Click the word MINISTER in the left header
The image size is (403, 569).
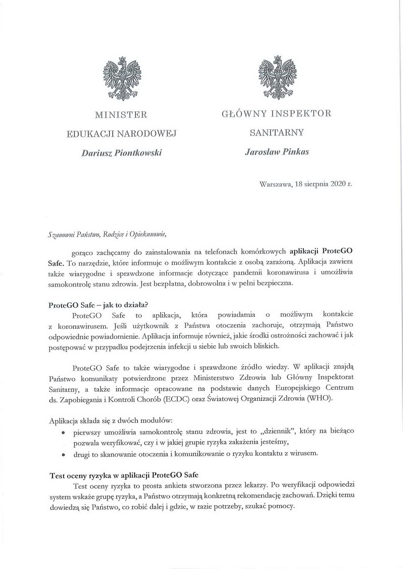(x=121, y=115)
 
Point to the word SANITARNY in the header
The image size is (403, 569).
(x=277, y=133)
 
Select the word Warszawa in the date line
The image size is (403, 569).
(x=275, y=184)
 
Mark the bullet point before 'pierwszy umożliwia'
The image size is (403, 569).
(x=62, y=432)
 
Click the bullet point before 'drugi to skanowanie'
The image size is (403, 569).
(x=62, y=454)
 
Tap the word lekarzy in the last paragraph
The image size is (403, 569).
(x=250, y=484)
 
